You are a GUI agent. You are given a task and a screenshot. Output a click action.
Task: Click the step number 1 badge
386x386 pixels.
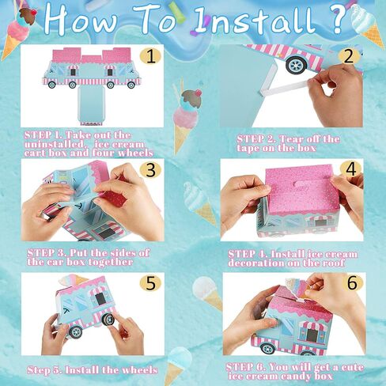tap(150, 57)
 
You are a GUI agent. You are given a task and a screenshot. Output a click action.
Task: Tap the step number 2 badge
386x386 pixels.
tap(349, 56)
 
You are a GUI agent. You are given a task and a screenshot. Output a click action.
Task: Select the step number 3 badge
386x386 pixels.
tap(150, 170)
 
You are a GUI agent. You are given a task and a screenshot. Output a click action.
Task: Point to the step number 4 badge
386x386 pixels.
tap(350, 169)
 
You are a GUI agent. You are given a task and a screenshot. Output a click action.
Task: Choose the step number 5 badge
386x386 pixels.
tap(150, 283)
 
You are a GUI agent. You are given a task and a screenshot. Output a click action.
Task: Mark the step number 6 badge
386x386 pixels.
tap(353, 283)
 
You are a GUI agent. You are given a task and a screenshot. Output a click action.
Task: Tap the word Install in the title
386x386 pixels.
tap(255, 21)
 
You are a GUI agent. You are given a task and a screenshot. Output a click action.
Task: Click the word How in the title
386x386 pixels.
tap(81, 19)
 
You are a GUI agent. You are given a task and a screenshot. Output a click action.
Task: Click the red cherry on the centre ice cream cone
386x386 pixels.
tap(199, 93)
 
